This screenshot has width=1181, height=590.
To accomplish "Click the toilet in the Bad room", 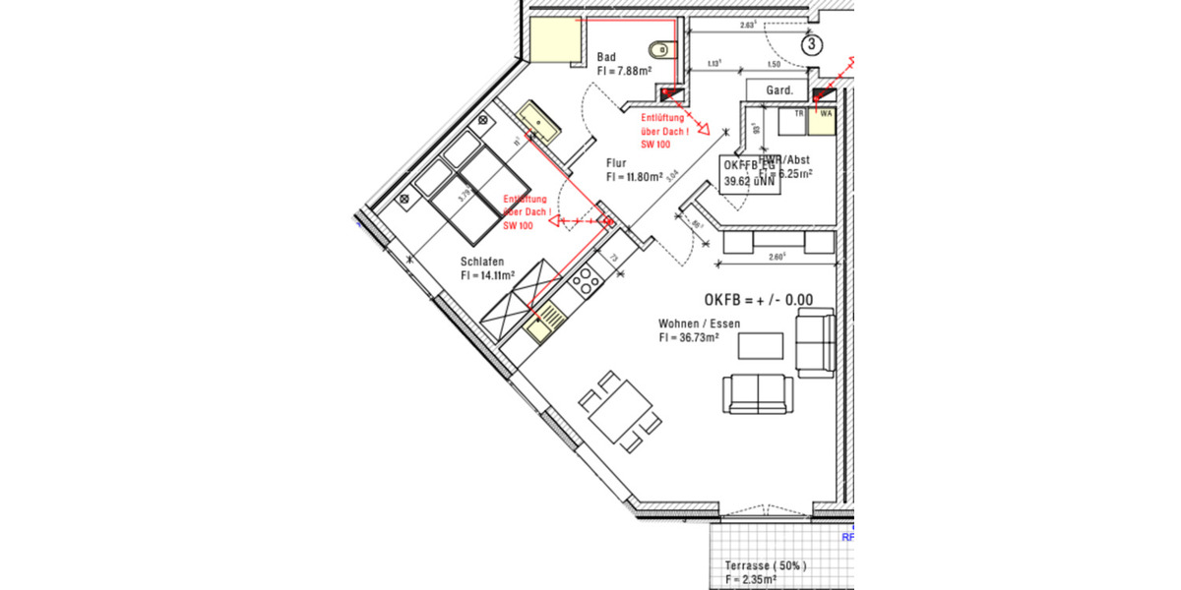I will point(660,48).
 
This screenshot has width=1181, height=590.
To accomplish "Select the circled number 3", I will point(811,44).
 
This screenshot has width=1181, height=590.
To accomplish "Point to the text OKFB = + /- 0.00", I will point(758,300).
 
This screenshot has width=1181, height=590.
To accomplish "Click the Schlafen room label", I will point(482,262).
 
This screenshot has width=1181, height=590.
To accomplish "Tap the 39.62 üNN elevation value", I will point(751,181).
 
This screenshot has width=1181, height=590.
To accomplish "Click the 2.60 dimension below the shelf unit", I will point(777,259).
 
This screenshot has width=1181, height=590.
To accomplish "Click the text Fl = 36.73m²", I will point(689,337).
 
